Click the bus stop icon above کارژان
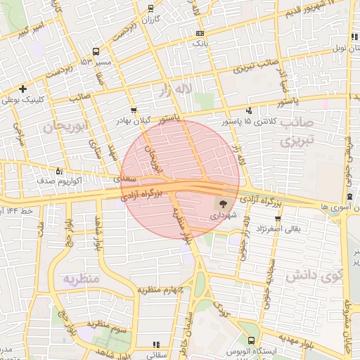151,8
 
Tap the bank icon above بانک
200,33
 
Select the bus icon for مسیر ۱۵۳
96,51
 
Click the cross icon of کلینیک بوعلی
23,89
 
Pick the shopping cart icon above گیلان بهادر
134,110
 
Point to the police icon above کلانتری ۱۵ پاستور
249,110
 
